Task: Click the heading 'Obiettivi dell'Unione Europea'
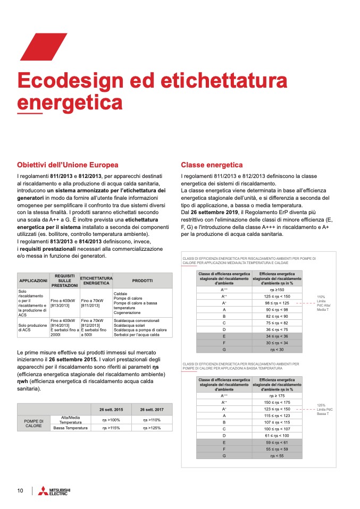68,165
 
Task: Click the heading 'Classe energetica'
212,165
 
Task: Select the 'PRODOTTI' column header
143,281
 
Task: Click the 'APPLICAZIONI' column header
34,281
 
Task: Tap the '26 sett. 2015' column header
111,410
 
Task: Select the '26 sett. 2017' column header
151,410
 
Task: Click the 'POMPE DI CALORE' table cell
34,423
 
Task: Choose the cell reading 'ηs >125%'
151,427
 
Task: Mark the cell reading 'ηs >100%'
111,420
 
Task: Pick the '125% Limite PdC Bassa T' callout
324,409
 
